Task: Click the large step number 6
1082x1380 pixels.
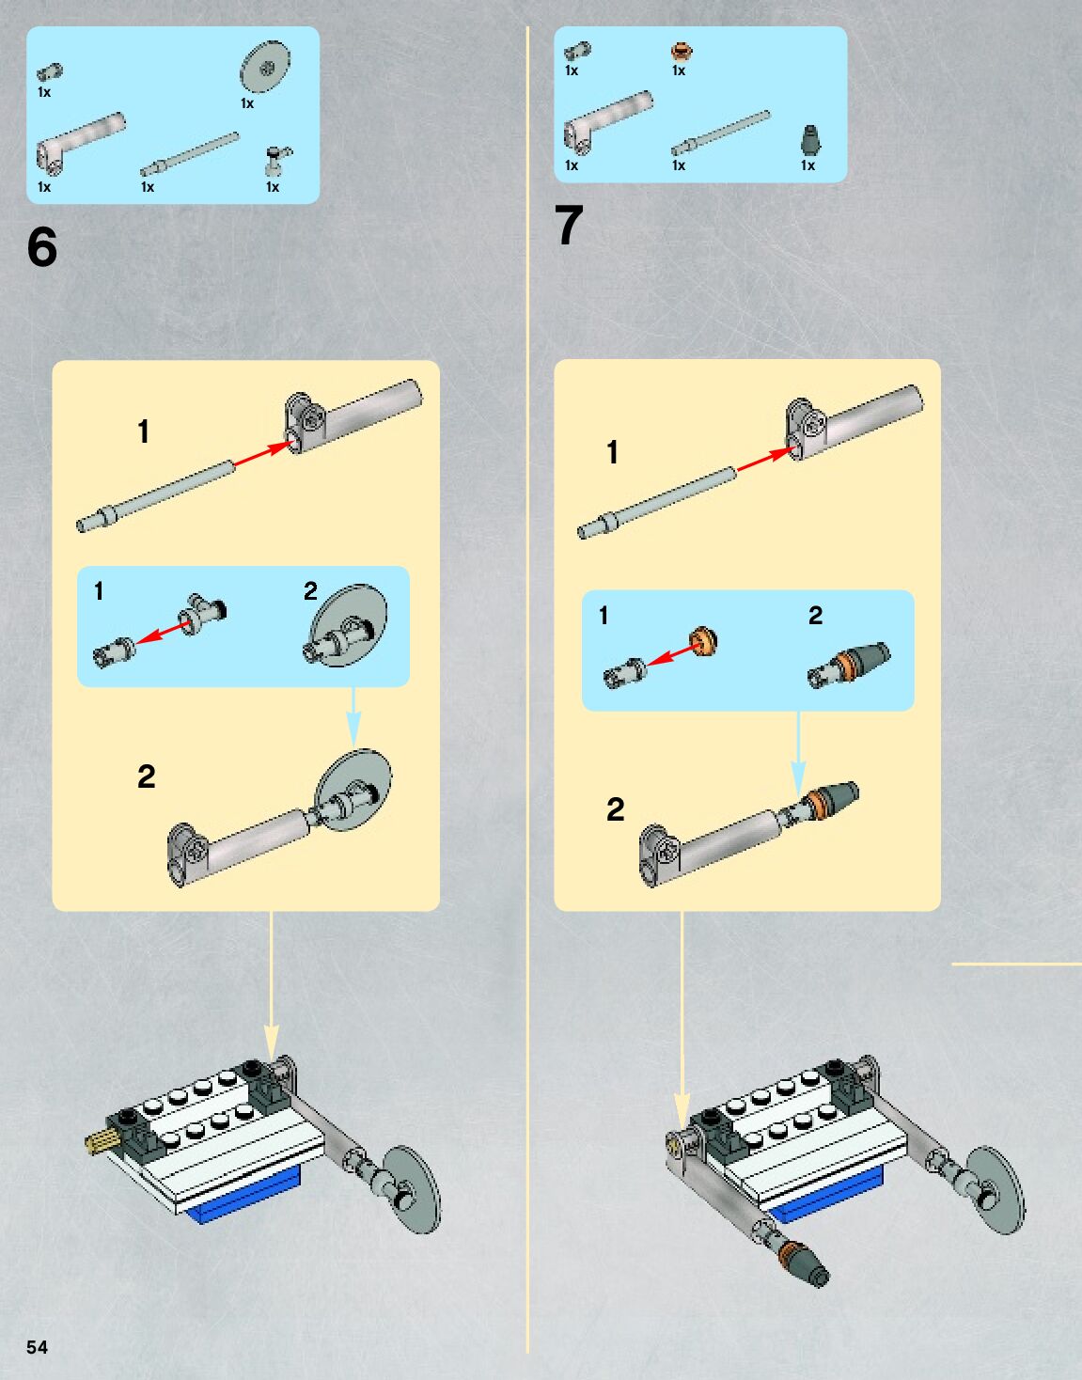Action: click(x=42, y=247)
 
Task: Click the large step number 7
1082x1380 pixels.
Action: click(x=569, y=227)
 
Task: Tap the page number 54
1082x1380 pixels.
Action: click(x=37, y=1347)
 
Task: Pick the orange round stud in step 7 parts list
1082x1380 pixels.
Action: click(x=682, y=51)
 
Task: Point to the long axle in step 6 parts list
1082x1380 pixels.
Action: click(x=190, y=153)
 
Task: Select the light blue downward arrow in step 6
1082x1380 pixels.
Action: click(x=353, y=718)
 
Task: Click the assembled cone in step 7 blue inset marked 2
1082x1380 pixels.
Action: click(x=850, y=664)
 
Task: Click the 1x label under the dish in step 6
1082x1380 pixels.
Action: click(x=247, y=103)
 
